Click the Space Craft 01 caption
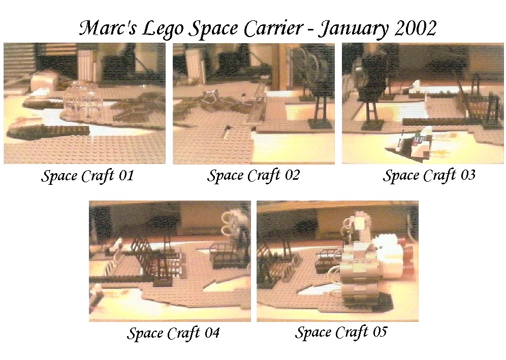click(87, 176)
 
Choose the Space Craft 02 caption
click(254, 176)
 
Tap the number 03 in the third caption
click(465, 176)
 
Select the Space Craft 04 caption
click(173, 334)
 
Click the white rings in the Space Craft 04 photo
click(230, 226)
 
